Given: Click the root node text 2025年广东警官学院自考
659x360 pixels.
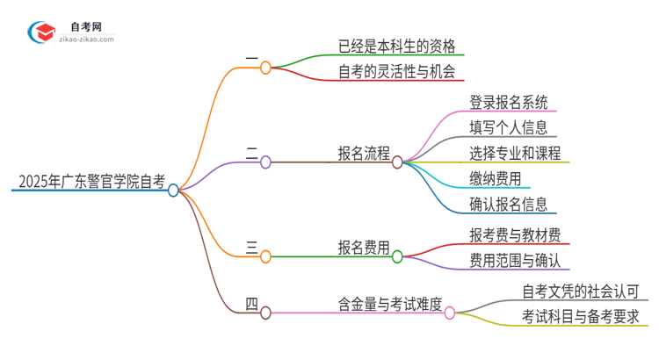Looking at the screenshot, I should [x=91, y=183].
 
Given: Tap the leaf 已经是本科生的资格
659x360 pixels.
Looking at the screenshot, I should [x=396, y=45].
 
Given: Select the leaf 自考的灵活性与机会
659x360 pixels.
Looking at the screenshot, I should [x=396, y=71].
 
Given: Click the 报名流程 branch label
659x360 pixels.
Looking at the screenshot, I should [x=364, y=154].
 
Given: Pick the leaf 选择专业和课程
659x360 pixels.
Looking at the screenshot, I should [x=515, y=154].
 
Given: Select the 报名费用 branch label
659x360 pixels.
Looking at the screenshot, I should [x=364, y=248].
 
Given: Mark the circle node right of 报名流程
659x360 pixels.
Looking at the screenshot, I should [x=397, y=162].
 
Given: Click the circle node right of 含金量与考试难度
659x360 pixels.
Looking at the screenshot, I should [x=450, y=312].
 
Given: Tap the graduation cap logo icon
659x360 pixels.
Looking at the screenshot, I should [x=41, y=33].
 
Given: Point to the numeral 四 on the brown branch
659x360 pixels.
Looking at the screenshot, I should [x=252, y=305].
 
